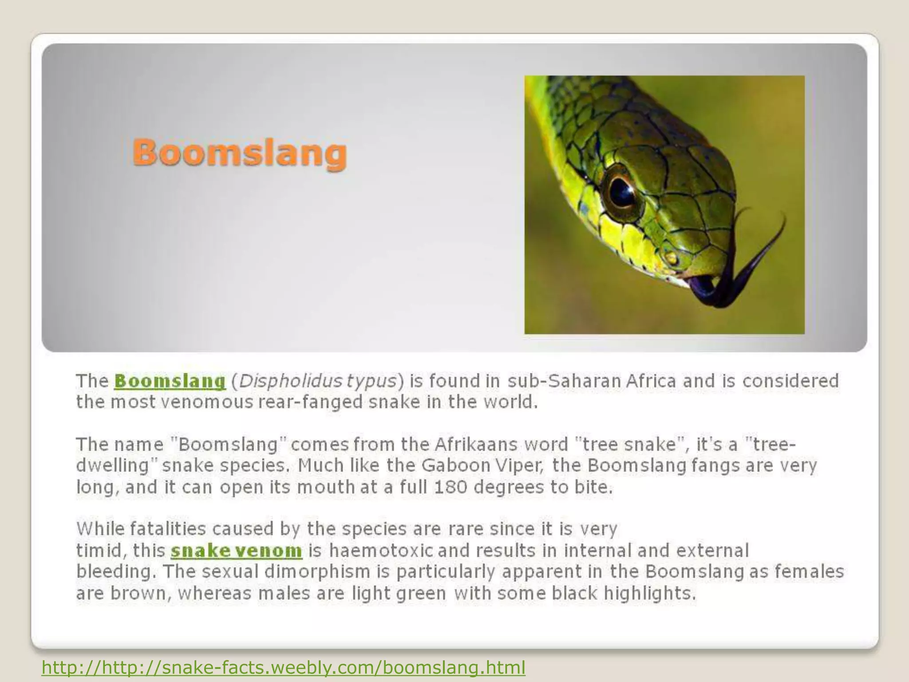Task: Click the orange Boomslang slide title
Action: (x=240, y=153)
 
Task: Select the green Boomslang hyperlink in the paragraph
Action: (x=170, y=381)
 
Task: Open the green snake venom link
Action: (x=236, y=551)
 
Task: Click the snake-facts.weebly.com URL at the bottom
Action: (x=283, y=667)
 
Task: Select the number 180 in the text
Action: (x=451, y=488)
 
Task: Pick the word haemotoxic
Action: (x=381, y=551)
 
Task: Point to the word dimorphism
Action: (x=317, y=571)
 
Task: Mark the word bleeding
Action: (x=116, y=572)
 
